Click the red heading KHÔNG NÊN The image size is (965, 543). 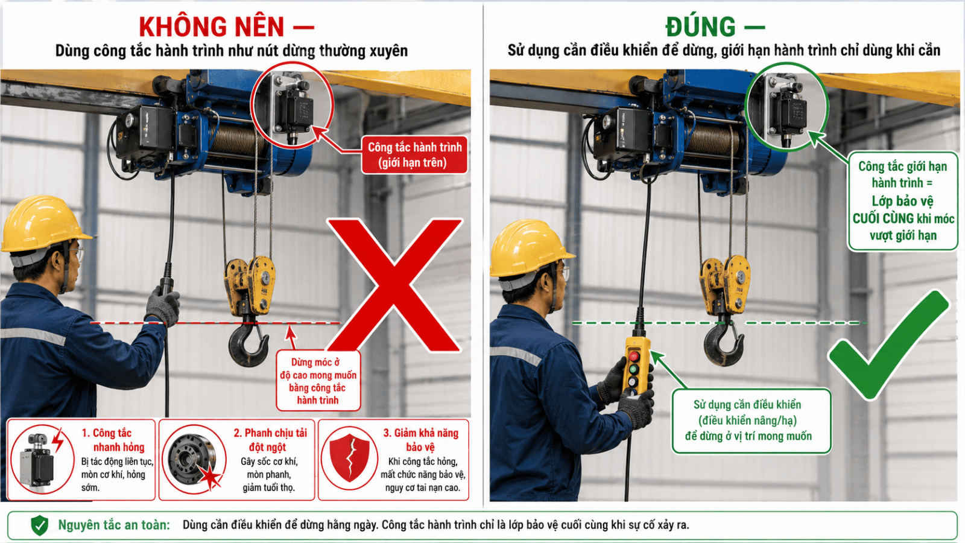tap(212, 27)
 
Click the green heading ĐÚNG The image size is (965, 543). tap(700, 27)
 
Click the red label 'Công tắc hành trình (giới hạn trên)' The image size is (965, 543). tap(414, 155)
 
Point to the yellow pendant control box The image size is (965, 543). tap(637, 366)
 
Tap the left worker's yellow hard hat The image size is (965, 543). tap(42, 223)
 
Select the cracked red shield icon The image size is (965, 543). tap(349, 458)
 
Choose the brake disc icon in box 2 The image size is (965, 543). tap(193, 459)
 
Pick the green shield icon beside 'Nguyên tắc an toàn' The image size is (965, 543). tap(40, 526)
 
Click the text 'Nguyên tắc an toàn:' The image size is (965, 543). tap(114, 525)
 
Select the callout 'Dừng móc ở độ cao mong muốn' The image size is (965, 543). tap(318, 381)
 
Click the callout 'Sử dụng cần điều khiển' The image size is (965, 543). tap(751, 421)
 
